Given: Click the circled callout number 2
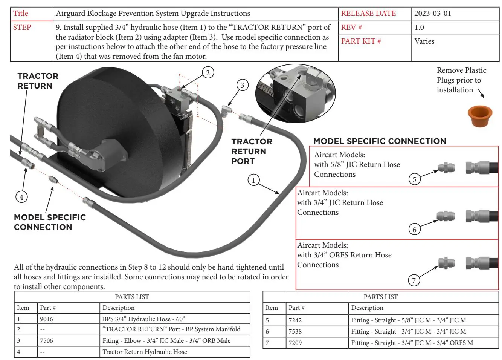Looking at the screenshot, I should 208,72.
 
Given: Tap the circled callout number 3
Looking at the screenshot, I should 242,85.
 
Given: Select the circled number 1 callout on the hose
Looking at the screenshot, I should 253,180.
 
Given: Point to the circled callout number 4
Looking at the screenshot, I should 21,197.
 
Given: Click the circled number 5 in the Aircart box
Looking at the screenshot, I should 414,179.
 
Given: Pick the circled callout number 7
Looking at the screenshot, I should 414,280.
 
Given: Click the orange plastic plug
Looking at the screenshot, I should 480,116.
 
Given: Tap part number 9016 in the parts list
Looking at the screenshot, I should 47,319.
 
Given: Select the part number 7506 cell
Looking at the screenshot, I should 47,340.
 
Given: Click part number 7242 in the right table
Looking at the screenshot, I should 295,320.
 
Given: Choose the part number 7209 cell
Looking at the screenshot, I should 295,343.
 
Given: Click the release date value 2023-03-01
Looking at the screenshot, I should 432,14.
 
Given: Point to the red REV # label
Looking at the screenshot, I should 351,28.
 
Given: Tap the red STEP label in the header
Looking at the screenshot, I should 22,28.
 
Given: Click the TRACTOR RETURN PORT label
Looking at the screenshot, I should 252,151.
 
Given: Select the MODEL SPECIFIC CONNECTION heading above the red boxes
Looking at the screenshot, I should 380,141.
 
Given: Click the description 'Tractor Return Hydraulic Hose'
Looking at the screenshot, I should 145,352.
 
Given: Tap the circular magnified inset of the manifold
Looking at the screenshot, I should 295,93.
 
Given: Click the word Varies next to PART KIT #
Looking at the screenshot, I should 424,41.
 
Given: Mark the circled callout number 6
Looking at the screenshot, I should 414,229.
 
